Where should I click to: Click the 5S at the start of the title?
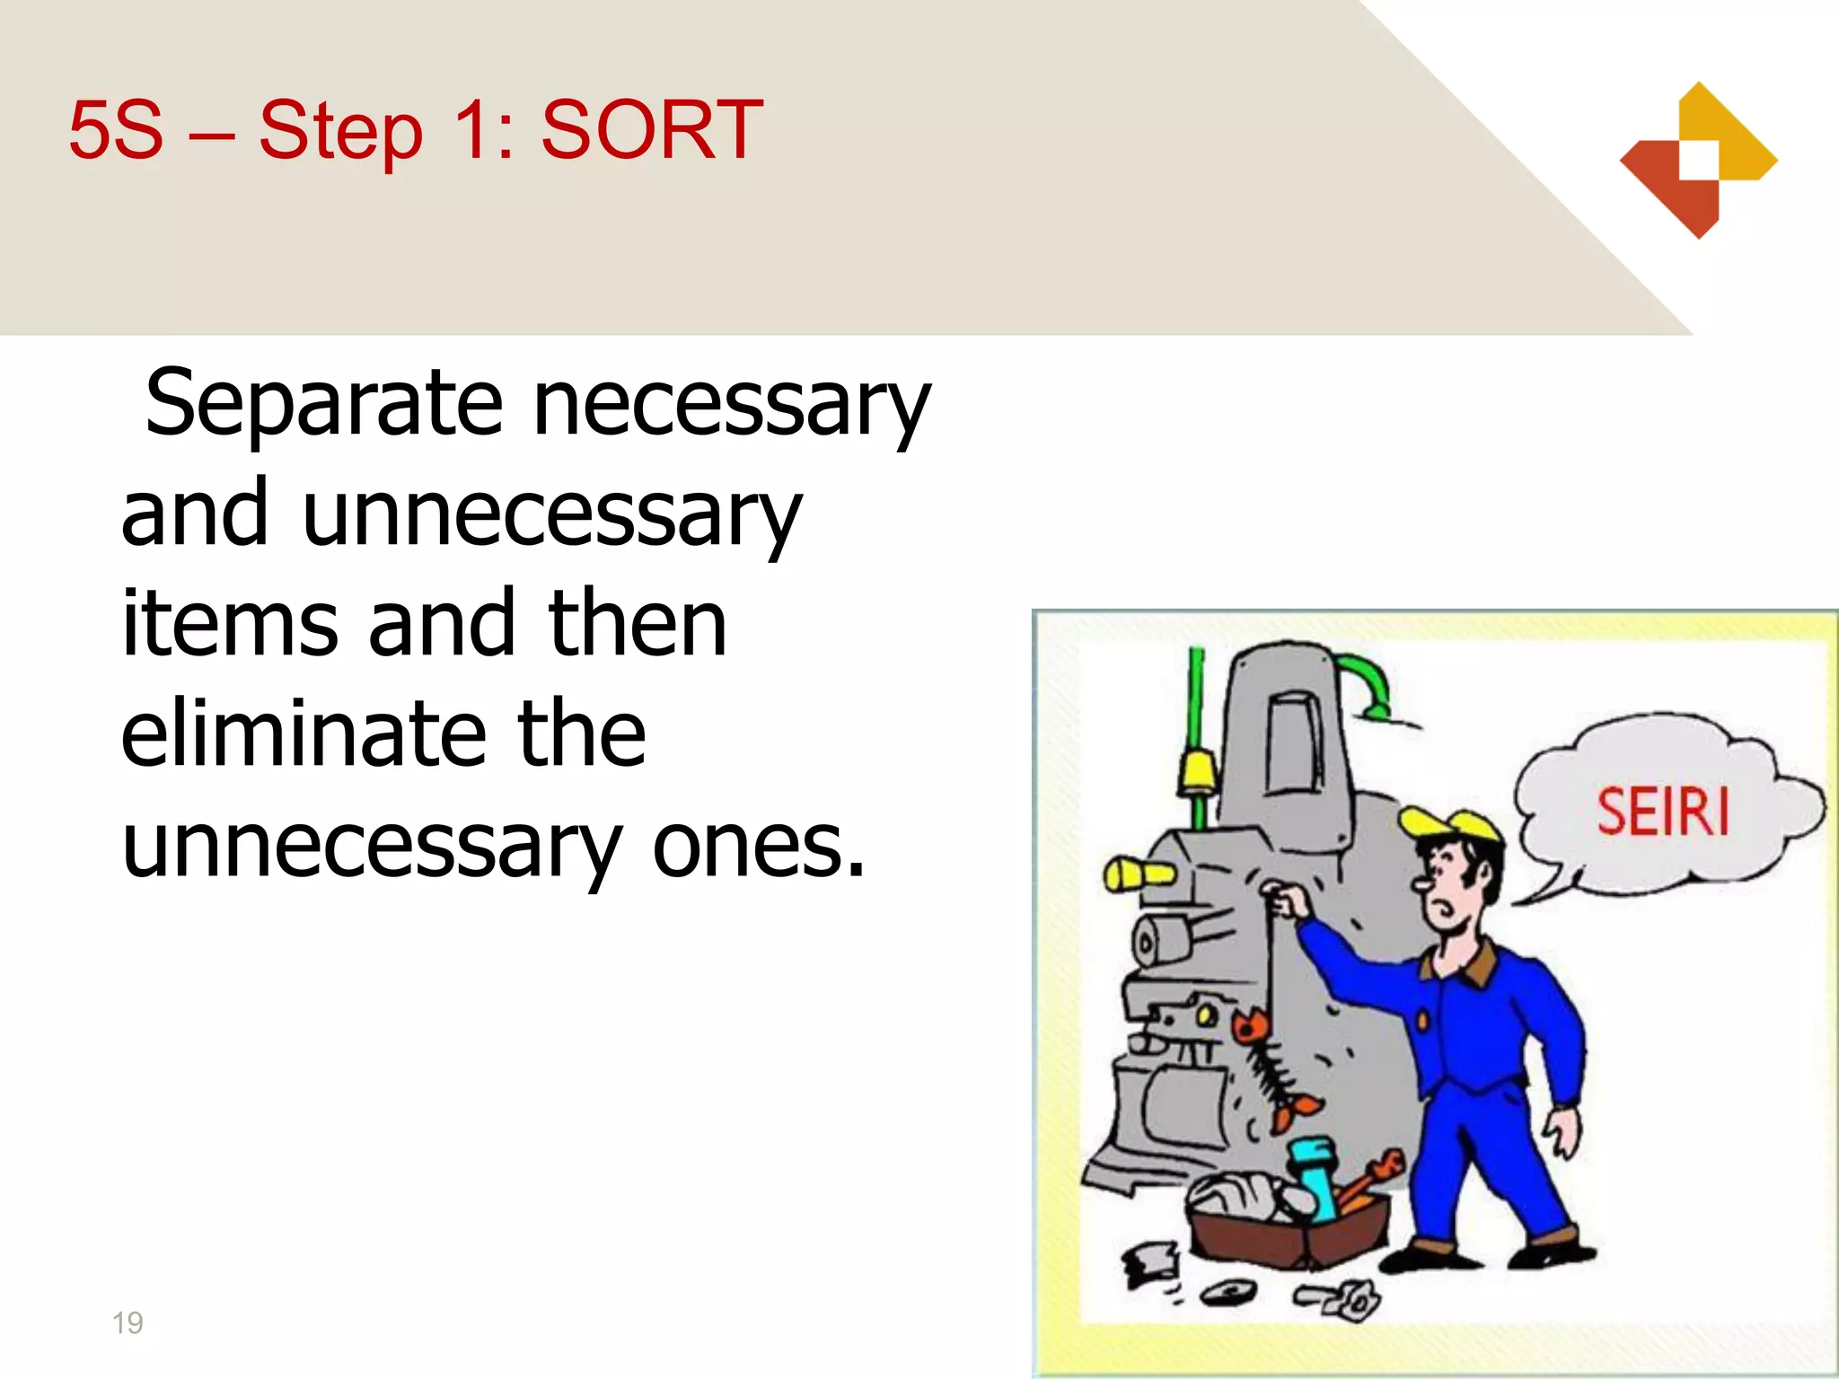pos(116,130)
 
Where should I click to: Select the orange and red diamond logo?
pos(1698,161)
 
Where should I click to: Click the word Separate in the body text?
pos(323,403)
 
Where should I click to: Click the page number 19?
pos(128,1322)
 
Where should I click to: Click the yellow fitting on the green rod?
pos(1198,772)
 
